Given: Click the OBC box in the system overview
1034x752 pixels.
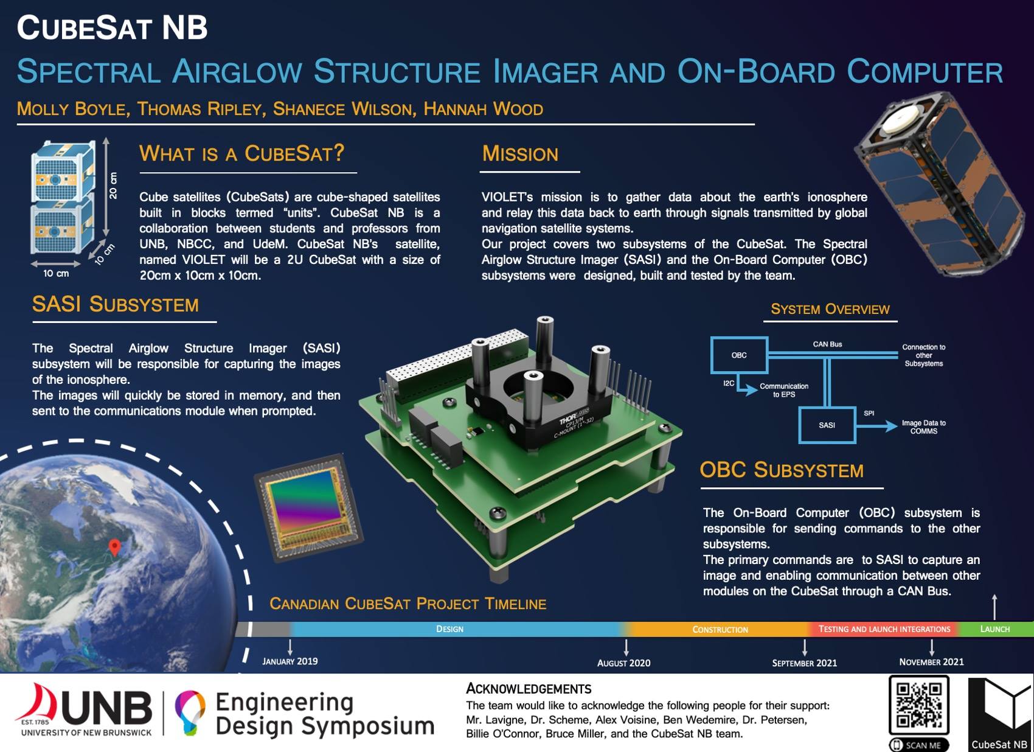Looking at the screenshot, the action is (x=739, y=355).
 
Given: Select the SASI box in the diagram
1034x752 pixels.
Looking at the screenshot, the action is (x=827, y=425).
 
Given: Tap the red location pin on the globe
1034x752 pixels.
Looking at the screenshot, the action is (x=114, y=547).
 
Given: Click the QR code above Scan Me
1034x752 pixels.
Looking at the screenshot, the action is (x=919, y=705).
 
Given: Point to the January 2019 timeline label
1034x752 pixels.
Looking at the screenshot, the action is (x=290, y=661).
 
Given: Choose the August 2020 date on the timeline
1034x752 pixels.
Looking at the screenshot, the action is (x=623, y=663).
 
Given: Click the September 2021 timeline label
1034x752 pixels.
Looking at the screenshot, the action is (x=804, y=663).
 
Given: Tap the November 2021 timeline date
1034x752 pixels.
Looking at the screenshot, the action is (x=931, y=662).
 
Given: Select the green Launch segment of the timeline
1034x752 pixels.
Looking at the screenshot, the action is (x=995, y=629).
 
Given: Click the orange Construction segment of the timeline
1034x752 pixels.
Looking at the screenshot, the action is (x=720, y=630).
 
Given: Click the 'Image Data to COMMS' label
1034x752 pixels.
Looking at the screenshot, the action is (x=923, y=427).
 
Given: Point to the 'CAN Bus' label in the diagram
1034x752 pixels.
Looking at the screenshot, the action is (x=827, y=344).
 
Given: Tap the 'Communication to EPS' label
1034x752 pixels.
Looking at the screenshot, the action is (x=784, y=390).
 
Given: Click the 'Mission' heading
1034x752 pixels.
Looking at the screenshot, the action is (x=520, y=154).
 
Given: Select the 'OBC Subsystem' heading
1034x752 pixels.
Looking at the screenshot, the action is (x=781, y=470).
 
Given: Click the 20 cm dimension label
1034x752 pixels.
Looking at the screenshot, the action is (x=113, y=185).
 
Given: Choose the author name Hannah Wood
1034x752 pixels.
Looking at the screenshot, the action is (x=484, y=110).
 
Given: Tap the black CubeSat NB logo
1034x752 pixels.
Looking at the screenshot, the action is (x=999, y=714).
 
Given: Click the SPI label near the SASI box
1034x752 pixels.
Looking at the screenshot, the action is (x=869, y=413).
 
